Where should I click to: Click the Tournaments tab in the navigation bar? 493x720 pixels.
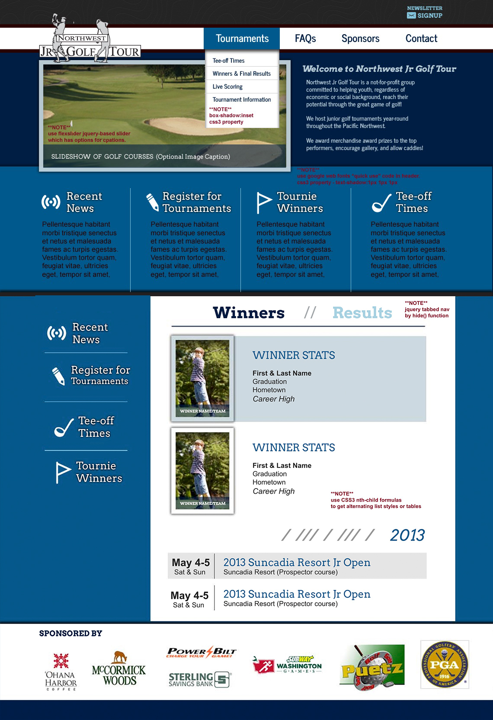[x=242, y=38]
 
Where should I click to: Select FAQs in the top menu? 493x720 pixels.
[x=305, y=38]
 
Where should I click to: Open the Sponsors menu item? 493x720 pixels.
[x=360, y=38]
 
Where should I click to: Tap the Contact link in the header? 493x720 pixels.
[x=421, y=38]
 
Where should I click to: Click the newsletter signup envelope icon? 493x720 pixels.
[x=411, y=16]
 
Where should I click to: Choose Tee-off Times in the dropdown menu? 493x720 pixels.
[x=229, y=61]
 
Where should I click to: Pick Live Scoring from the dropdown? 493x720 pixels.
[x=227, y=87]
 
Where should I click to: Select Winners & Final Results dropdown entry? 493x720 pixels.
[x=241, y=74]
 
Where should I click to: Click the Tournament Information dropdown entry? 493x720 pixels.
[x=242, y=100]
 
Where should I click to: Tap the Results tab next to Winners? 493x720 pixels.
[x=362, y=313]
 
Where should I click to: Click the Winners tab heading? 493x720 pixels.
[x=249, y=313]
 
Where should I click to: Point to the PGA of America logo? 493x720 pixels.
[x=444, y=665]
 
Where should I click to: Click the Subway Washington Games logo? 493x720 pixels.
[x=287, y=665]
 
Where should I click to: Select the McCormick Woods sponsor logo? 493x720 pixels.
[x=119, y=669]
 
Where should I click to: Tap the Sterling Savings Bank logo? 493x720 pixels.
[x=199, y=679]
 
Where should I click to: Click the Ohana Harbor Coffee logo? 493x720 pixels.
[x=61, y=672]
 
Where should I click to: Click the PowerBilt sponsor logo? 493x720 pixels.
[x=202, y=652]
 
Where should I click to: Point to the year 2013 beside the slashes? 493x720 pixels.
[x=407, y=535]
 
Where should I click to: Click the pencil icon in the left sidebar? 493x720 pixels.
[x=58, y=376]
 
